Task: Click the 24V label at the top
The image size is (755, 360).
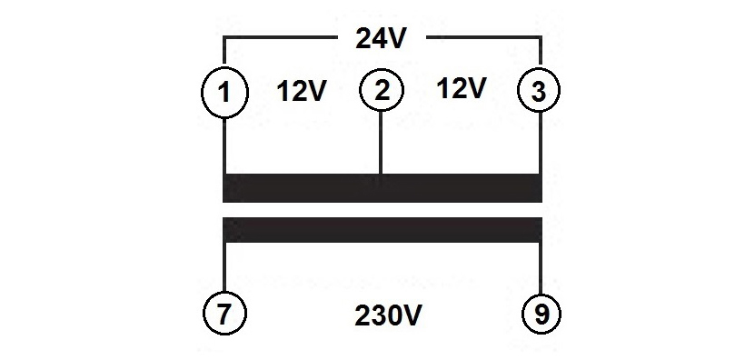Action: coord(380,38)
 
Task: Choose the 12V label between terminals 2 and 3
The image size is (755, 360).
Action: coord(462,89)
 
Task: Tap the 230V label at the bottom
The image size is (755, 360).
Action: coord(388,315)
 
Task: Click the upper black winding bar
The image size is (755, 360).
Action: coord(382,188)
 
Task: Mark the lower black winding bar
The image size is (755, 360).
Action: coord(382,229)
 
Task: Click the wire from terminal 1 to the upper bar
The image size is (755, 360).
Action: coord(224,145)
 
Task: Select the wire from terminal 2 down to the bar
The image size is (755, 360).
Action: coord(381,143)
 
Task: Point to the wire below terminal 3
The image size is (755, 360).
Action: coord(541,143)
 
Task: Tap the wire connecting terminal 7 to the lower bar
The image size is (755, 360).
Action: coord(224,267)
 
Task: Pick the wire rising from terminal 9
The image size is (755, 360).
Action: coord(541,268)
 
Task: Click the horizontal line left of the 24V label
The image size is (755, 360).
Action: coord(279,36)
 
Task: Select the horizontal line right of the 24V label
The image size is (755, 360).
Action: coord(483,36)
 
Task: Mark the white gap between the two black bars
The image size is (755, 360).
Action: coord(382,210)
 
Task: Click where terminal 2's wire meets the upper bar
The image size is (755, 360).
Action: coord(381,174)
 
